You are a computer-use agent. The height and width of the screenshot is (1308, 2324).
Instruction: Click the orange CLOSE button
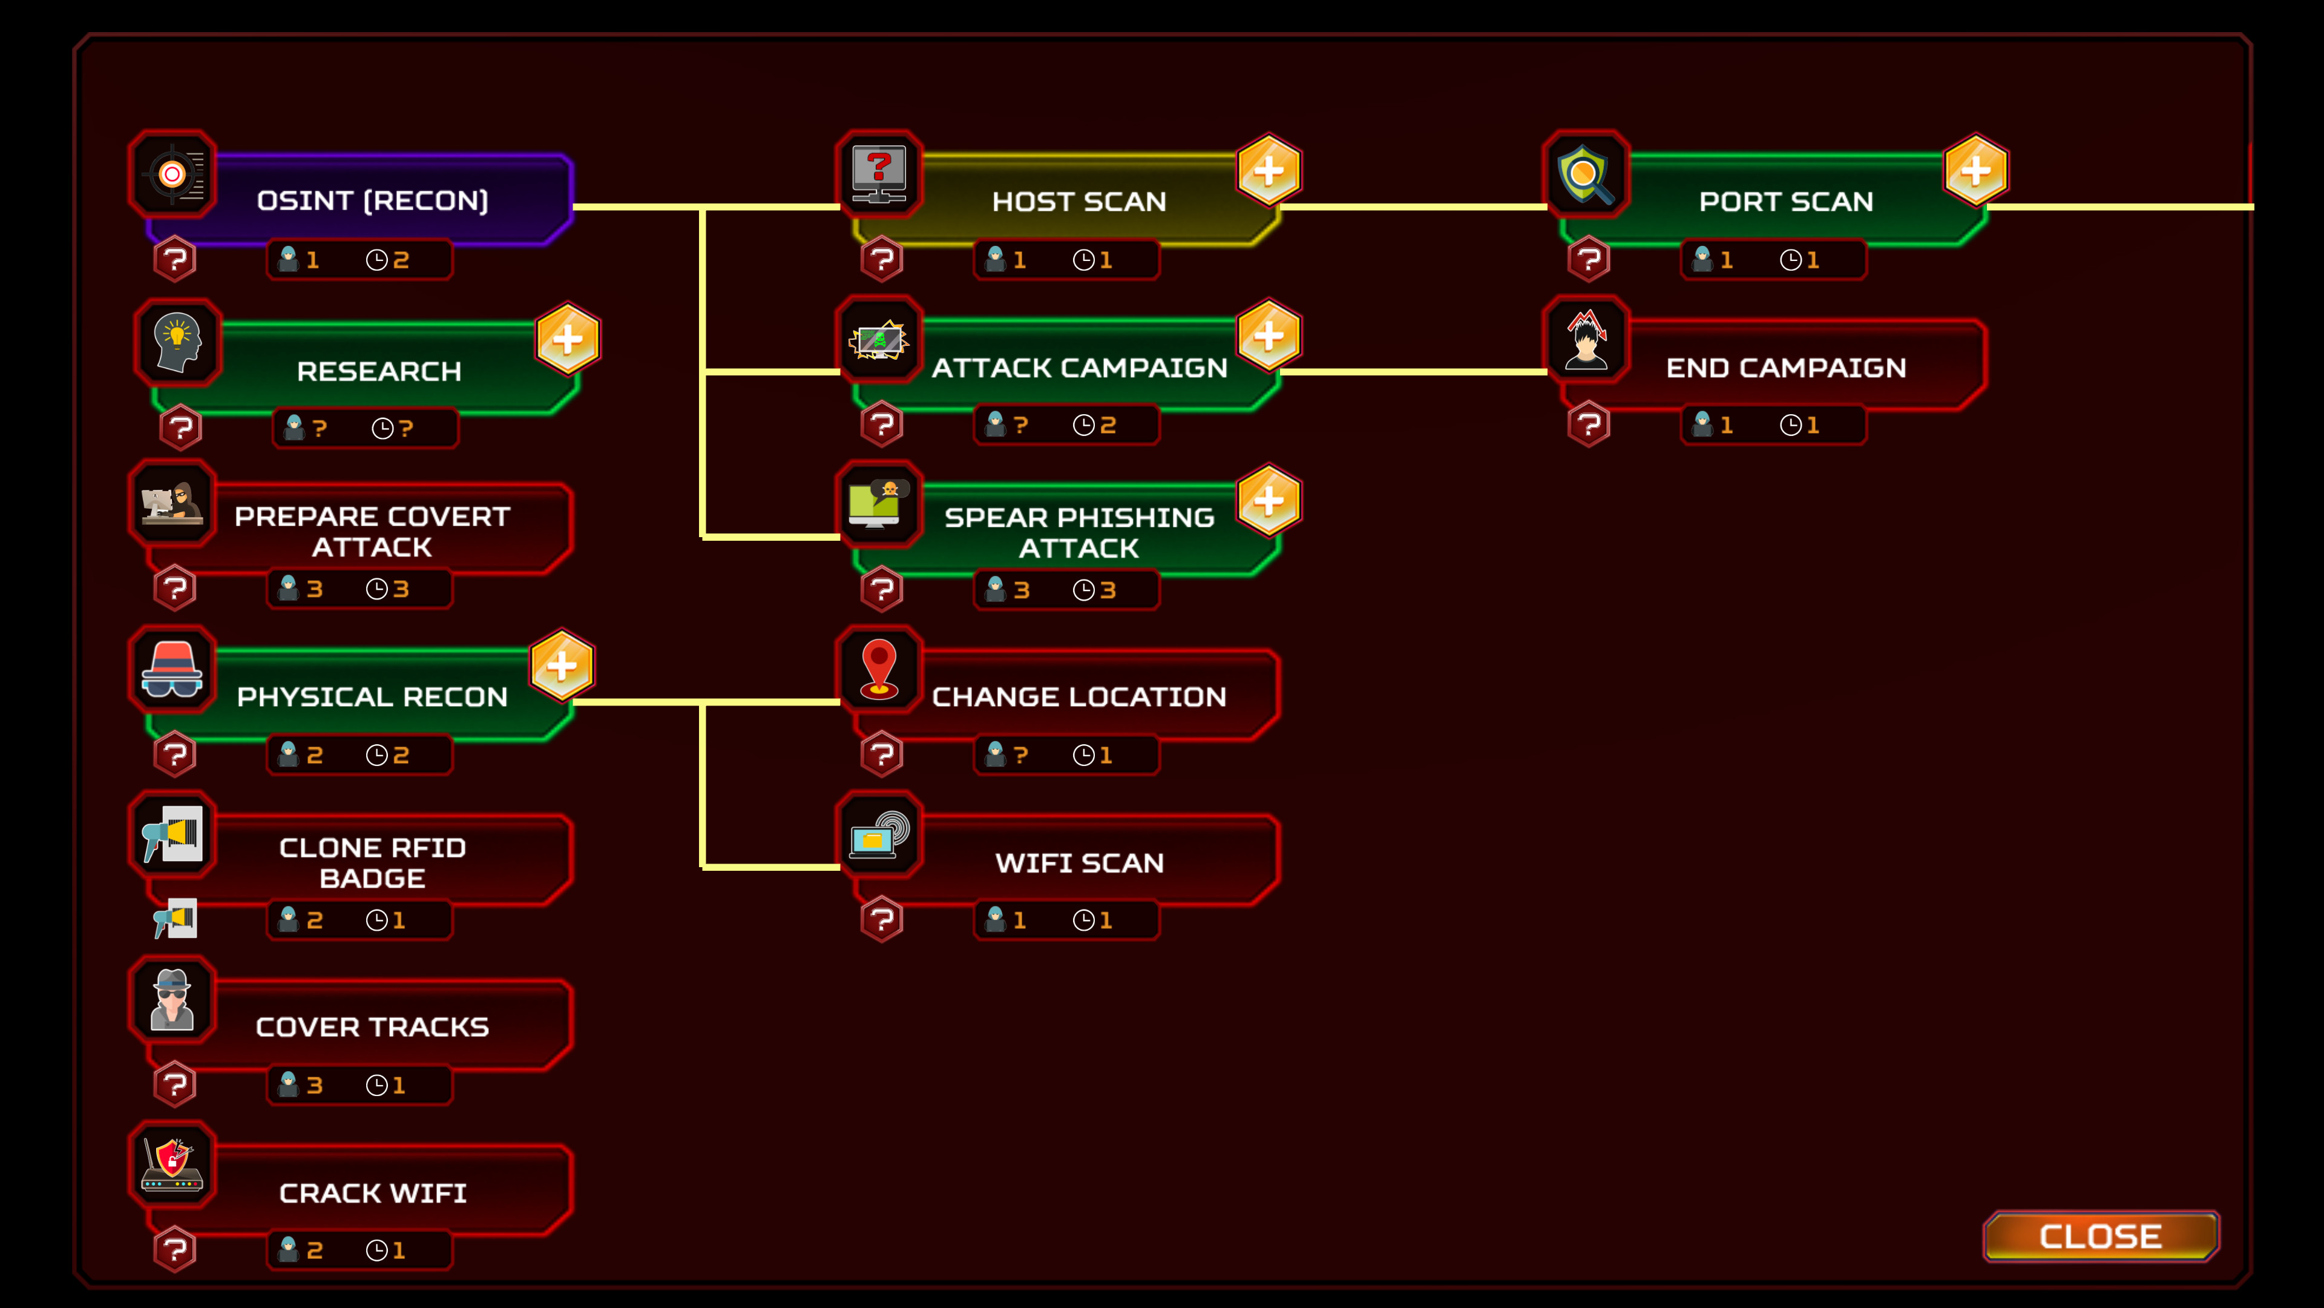pos(2100,1236)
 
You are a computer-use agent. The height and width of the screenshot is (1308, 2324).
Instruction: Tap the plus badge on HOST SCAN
pos(1269,170)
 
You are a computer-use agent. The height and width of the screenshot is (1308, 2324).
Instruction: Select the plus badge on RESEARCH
pos(568,339)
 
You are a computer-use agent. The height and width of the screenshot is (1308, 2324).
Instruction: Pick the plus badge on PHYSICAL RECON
pos(561,666)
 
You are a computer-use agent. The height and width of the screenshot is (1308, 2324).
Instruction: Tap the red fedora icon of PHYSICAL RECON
pos(172,669)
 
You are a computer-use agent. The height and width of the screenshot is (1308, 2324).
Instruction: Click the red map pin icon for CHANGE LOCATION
pos(879,669)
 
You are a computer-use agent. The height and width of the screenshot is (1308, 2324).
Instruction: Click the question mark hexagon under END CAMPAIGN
pos(1589,424)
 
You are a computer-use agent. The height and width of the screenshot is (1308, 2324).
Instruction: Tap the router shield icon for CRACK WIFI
pos(172,1164)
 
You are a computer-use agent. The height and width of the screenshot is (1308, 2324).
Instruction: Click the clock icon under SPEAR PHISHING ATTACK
pos(1083,590)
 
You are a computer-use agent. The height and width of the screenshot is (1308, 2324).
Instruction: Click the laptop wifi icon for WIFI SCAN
pos(879,835)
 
